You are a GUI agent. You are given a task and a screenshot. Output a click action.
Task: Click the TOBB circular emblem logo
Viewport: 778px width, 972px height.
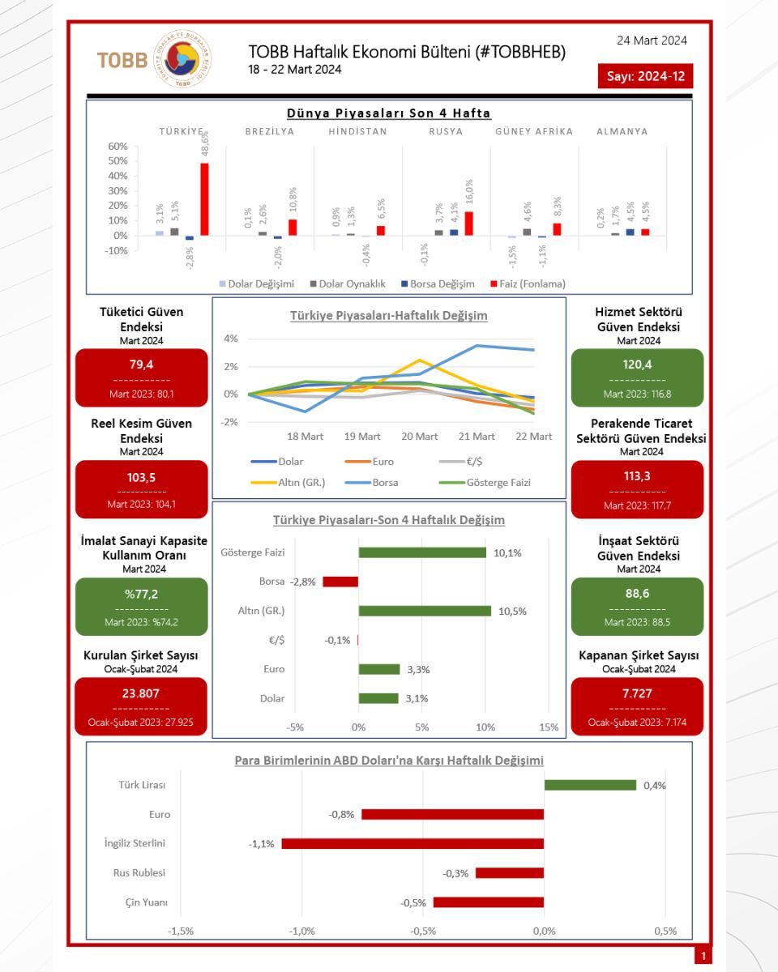[182, 59]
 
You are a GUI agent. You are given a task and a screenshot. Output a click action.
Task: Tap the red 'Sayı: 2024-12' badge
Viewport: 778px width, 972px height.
[645, 76]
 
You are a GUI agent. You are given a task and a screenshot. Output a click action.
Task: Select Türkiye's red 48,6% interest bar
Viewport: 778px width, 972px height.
[204, 199]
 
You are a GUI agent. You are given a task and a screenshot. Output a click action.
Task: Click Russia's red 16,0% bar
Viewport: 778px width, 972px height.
[468, 224]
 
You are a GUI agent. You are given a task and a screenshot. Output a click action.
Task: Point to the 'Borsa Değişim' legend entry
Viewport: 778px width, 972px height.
[438, 283]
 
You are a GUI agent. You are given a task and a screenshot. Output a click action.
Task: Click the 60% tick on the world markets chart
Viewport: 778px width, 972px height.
[118, 146]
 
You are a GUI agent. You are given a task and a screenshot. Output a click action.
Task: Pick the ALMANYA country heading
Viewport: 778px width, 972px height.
[622, 131]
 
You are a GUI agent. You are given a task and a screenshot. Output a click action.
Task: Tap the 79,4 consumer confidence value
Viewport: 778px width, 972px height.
[142, 364]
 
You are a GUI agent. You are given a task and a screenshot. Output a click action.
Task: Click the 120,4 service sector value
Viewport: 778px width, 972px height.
[638, 364]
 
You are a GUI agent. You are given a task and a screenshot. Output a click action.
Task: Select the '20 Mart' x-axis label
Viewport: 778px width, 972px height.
[419, 437]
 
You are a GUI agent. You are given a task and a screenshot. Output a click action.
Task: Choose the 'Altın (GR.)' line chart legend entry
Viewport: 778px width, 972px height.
[288, 483]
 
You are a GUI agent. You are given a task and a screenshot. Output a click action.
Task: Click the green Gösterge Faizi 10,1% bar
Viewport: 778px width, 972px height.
[422, 552]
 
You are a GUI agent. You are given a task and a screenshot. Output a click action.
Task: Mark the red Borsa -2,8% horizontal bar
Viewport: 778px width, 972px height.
[340, 582]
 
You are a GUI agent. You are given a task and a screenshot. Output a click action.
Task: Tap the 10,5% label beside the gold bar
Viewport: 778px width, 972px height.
[512, 611]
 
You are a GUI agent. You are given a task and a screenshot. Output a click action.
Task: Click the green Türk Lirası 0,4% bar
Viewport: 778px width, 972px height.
[590, 785]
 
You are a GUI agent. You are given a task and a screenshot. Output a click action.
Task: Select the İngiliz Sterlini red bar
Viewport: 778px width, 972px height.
[413, 843]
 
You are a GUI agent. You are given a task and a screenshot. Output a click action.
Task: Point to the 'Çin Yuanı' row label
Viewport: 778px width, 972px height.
[147, 902]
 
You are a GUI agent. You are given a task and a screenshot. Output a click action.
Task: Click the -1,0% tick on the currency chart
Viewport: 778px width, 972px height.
[301, 931]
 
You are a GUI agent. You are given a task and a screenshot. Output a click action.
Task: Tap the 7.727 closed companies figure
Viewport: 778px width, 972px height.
[637, 693]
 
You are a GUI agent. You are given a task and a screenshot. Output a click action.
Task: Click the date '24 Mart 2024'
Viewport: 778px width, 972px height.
[652, 40]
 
